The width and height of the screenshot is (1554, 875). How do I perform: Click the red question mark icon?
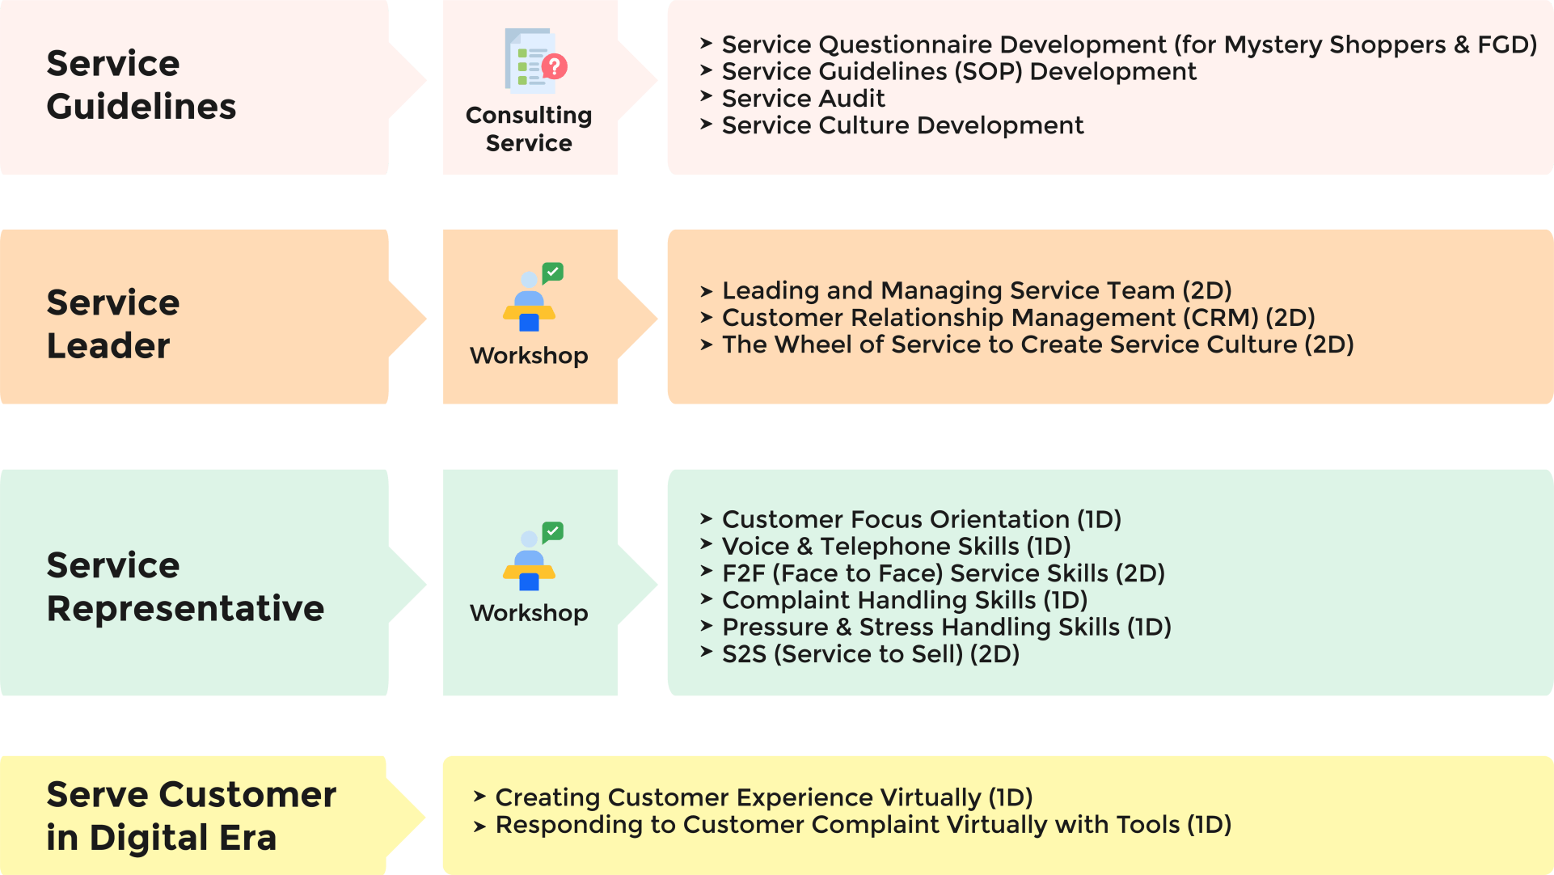[x=555, y=66]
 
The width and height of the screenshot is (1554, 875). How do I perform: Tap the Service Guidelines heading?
[x=141, y=85]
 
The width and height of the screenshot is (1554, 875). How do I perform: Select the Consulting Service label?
[x=529, y=129]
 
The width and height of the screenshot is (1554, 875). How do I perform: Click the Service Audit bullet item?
[x=803, y=99]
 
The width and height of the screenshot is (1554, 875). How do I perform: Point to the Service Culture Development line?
[x=902, y=125]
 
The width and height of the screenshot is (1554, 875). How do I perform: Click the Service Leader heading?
[x=112, y=323]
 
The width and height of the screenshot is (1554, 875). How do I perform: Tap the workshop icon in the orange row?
[x=530, y=298]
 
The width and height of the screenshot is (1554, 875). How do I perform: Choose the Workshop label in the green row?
[x=529, y=613]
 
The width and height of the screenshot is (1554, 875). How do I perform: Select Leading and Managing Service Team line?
[x=976, y=290]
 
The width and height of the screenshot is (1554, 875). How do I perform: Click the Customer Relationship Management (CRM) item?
[x=1018, y=318]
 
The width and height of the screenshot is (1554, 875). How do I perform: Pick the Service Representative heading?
[x=185, y=586]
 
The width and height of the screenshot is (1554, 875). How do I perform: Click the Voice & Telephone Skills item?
[x=896, y=547]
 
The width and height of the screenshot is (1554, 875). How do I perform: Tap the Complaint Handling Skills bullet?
[x=904, y=600]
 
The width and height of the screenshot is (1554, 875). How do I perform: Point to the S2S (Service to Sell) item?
[x=870, y=654]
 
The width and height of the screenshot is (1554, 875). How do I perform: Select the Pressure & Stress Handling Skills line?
[x=946, y=628]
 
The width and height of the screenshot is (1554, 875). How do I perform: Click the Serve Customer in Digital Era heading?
[x=191, y=815]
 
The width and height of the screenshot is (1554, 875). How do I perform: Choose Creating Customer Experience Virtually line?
[x=763, y=797]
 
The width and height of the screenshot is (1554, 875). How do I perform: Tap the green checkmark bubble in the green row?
[x=553, y=531]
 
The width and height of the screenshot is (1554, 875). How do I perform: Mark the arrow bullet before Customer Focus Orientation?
[x=706, y=518]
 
